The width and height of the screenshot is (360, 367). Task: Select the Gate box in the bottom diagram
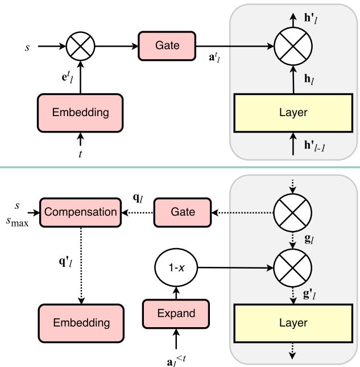183,212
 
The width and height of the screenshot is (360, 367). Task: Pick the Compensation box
80,212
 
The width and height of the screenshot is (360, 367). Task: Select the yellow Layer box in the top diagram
293,113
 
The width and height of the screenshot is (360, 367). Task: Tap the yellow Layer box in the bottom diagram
293,323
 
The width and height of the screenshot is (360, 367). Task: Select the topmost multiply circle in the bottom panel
293,212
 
